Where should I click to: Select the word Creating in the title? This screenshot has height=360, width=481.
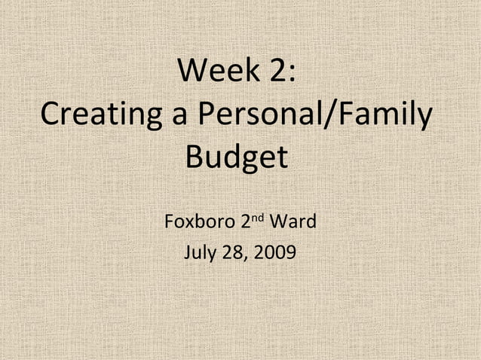click(96, 117)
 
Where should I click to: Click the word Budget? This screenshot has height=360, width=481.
click(237, 160)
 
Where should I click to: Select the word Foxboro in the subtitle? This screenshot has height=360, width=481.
click(199, 223)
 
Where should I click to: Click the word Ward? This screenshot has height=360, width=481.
click(293, 223)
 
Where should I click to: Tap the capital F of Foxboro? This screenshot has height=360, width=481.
click(169, 223)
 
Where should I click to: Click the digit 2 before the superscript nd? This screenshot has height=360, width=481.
click(246, 223)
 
